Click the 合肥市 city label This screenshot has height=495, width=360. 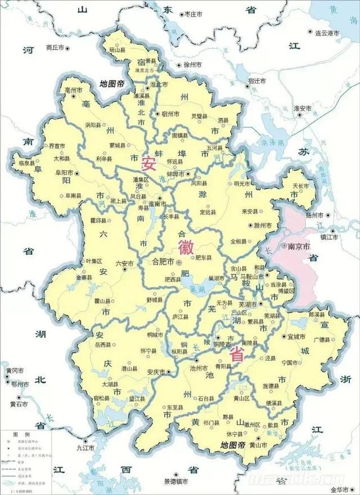pos(163,262)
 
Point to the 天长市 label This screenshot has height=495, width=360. pos(302,185)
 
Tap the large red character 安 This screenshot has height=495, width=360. pos(148,163)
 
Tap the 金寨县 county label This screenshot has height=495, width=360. pos(83,278)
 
